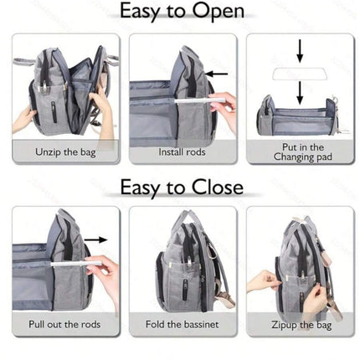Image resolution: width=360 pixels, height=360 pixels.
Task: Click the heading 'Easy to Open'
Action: coord(182,12)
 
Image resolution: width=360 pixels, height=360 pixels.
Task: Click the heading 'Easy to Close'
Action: coord(182,188)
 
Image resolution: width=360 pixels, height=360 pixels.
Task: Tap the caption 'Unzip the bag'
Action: coord(65,152)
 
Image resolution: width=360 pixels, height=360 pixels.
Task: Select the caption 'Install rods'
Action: coord(182,152)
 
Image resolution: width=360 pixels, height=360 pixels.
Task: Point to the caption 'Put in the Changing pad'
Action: coord(303,152)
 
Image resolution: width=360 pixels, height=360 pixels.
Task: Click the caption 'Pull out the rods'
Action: coord(64,324)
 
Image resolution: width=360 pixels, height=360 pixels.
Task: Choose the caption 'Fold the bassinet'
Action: coord(182,324)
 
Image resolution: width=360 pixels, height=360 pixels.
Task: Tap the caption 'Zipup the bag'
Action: coord(301,325)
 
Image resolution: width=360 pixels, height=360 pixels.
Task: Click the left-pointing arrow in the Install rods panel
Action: coord(217,74)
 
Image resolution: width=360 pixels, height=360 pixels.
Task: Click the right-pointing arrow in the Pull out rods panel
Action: coord(95,239)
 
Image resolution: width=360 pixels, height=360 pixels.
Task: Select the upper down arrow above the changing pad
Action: coord(300,51)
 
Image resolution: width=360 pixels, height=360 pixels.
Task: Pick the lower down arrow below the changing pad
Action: coord(300,93)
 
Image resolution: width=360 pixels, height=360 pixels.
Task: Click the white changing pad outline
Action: coord(300,74)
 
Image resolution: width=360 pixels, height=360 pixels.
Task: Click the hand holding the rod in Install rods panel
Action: coord(224,107)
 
